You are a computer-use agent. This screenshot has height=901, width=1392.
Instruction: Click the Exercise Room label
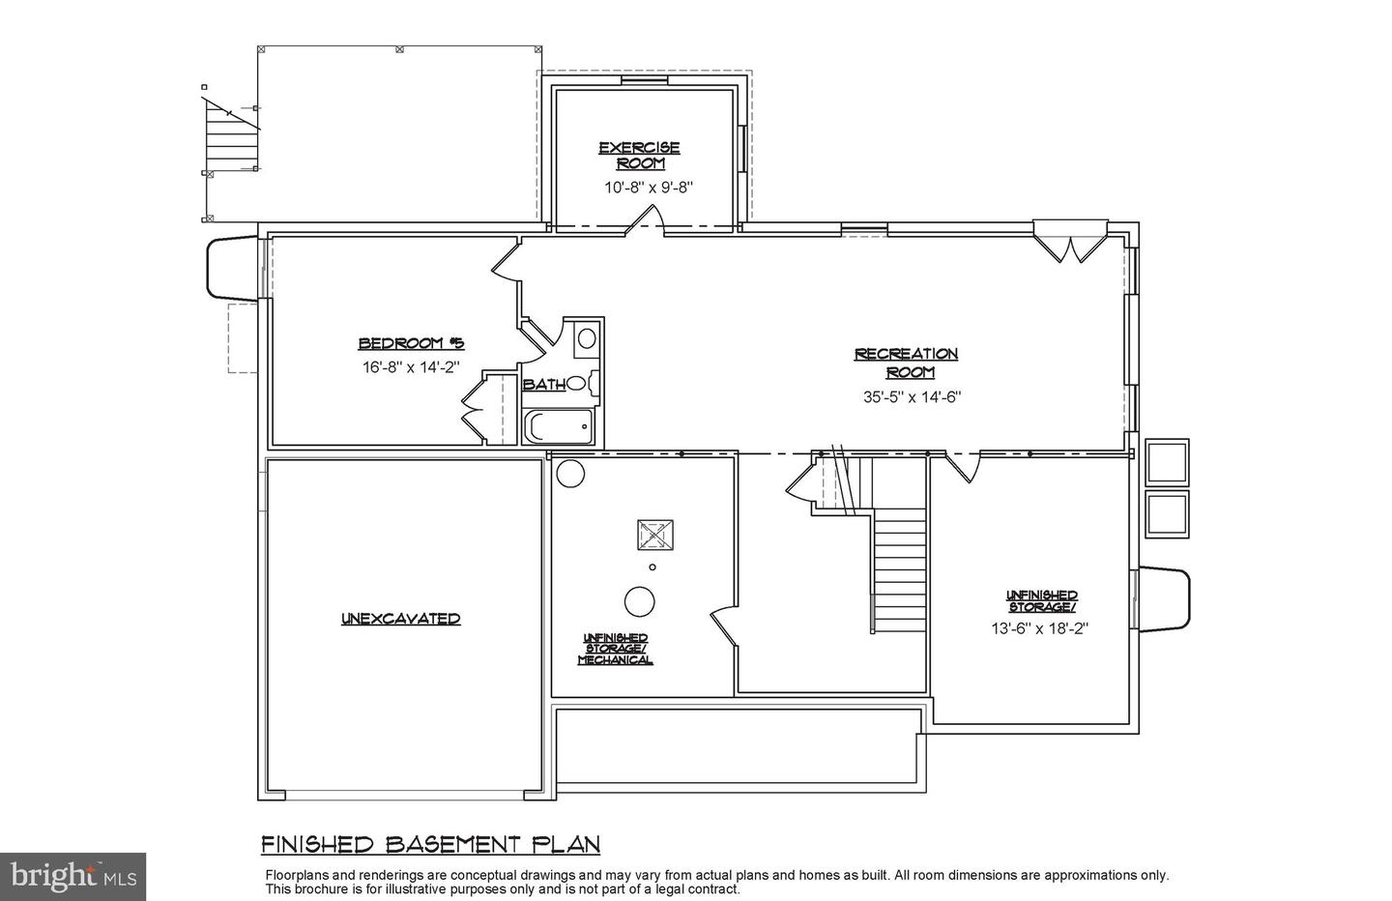639,156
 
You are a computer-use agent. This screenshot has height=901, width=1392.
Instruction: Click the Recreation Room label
906,363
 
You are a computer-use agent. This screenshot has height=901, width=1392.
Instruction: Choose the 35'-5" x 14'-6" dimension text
912,396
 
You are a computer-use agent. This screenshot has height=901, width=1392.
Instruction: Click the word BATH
543,385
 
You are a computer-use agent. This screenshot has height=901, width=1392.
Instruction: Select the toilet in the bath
579,384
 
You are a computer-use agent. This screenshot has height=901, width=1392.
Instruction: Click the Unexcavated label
400,619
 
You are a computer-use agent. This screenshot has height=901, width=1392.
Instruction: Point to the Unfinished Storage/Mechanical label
615,649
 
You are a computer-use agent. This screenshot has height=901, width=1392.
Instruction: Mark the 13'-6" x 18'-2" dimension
1040,627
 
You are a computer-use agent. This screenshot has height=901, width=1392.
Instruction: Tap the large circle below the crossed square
640,601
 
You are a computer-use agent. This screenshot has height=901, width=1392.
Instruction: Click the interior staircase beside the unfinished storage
899,570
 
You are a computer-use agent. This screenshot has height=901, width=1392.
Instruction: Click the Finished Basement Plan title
431,845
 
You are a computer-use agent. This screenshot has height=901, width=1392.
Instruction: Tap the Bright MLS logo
72,876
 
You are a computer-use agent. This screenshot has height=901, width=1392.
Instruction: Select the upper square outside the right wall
1167,463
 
